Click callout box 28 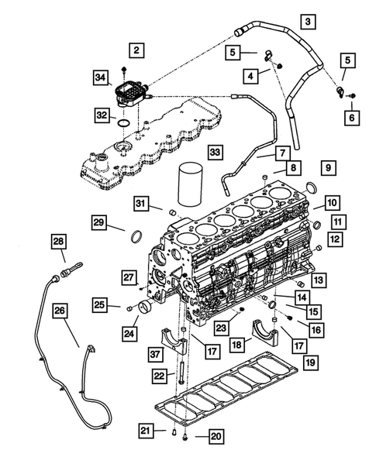click(59, 242)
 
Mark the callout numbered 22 click(158, 376)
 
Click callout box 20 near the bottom click(216, 437)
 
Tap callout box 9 click(327, 167)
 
